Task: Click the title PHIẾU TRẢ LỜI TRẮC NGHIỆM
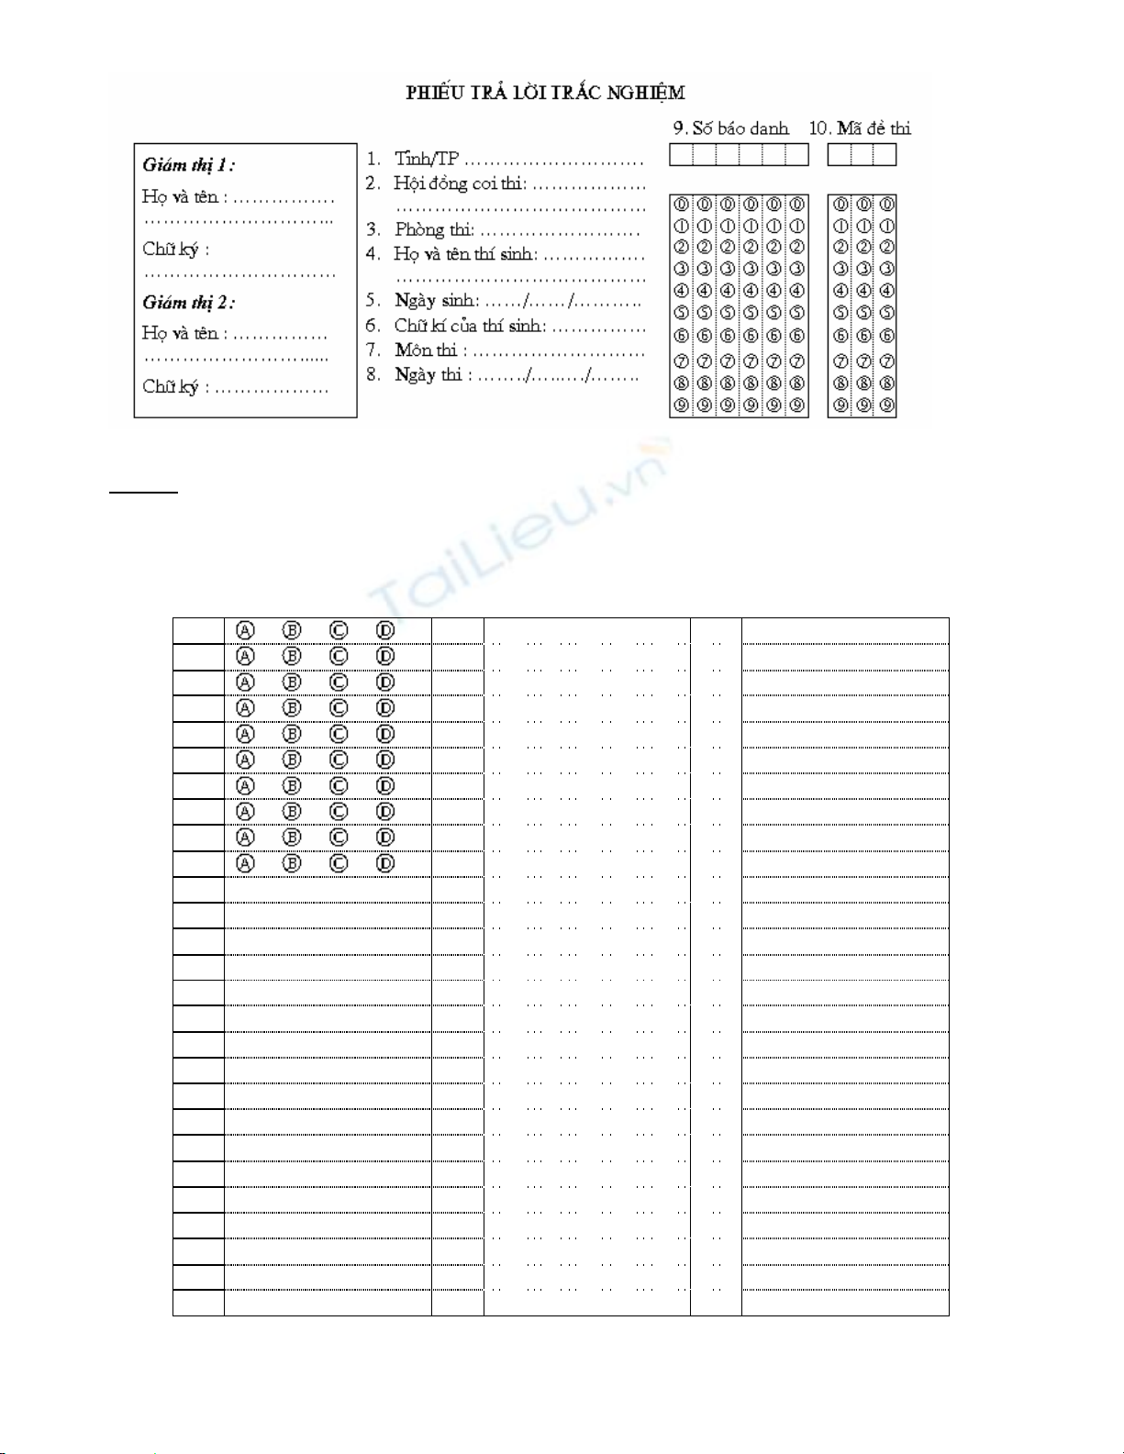(x=545, y=93)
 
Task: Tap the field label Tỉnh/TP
(x=426, y=159)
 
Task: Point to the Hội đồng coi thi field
(x=460, y=183)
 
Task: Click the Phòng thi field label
(x=434, y=229)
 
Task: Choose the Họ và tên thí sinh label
(x=466, y=254)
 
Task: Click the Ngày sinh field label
(x=437, y=300)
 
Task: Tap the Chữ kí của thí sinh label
(x=470, y=326)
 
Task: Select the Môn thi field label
(x=426, y=350)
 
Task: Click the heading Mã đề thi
(x=869, y=128)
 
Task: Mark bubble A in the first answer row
(x=245, y=631)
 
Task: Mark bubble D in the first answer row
(x=385, y=631)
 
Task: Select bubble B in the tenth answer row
(x=292, y=863)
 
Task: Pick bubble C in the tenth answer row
(x=339, y=863)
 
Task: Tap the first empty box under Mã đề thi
(x=839, y=155)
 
